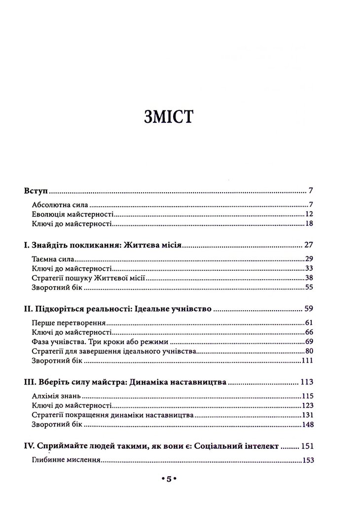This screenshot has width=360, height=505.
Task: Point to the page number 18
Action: [309, 224]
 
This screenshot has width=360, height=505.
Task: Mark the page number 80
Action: [309, 352]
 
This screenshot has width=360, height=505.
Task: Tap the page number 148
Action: [307, 426]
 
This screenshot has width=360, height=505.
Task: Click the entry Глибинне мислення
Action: [66, 461]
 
